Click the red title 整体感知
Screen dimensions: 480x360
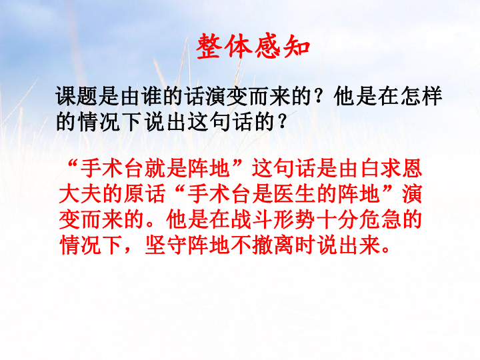(x=253, y=47)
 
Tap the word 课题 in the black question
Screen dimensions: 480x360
(x=77, y=96)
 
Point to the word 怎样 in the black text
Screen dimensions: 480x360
(x=421, y=96)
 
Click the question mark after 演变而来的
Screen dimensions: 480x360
(x=319, y=96)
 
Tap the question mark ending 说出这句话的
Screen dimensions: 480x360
(x=281, y=122)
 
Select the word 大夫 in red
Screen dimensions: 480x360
(x=80, y=194)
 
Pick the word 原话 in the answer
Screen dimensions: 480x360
(x=145, y=194)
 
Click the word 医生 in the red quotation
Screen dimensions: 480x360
(x=295, y=194)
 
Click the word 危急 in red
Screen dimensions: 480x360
(x=380, y=220)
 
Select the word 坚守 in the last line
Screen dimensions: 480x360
(x=166, y=245)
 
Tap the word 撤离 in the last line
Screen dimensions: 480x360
(x=273, y=245)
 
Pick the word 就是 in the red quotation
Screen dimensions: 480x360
(x=166, y=169)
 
